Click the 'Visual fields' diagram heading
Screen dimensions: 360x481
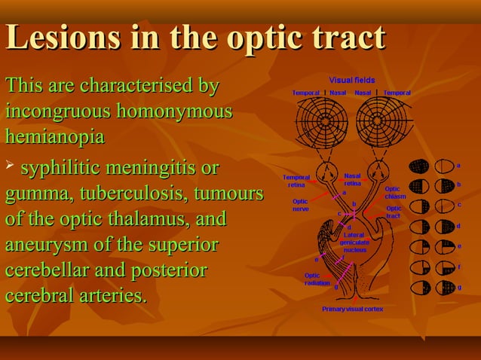pos(351,80)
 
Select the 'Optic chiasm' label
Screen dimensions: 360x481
pos(395,193)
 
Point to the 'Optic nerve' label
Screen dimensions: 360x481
pos(300,205)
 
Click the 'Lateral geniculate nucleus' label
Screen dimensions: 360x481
pos(354,242)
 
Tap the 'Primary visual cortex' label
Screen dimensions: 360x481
pos(352,309)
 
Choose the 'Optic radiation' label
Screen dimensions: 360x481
pos(317,279)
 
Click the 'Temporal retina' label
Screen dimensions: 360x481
pos(296,181)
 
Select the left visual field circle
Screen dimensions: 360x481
pos(321,121)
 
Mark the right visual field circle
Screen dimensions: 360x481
pos(382,121)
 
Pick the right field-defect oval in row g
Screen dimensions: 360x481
pos(445,288)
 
